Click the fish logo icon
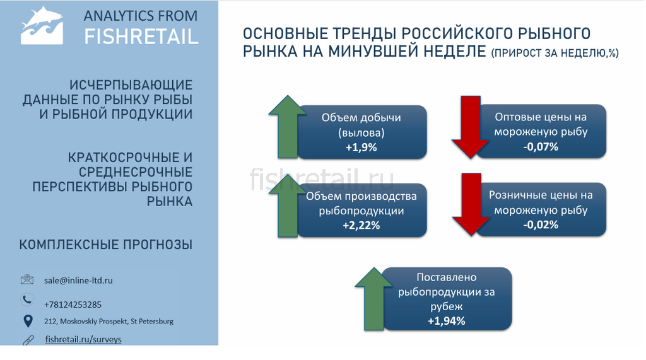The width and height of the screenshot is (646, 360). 42,26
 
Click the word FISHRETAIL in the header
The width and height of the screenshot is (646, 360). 141,37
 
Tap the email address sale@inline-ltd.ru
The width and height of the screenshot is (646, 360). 78,281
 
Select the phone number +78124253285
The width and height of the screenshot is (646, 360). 73,305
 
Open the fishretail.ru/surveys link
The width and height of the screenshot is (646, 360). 83,339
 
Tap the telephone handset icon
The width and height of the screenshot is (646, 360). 27,299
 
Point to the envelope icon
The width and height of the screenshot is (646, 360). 27,280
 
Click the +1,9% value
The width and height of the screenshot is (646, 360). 361,148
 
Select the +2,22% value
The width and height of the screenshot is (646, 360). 361,225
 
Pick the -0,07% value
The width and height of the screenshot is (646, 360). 541,147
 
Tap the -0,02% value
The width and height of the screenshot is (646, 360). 541,224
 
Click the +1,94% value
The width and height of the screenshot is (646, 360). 447,321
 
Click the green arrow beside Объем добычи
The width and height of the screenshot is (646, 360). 288,127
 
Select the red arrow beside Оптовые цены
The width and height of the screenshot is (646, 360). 471,127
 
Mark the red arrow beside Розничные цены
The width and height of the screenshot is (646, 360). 471,204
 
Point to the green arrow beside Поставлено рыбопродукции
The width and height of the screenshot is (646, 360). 374,299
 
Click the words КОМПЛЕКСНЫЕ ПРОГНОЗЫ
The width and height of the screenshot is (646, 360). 106,245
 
